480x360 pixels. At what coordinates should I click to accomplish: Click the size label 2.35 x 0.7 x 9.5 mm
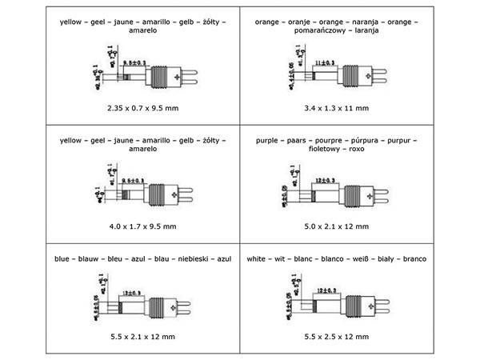[x=143, y=106]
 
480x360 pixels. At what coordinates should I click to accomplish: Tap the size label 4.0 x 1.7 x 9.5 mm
[x=143, y=226]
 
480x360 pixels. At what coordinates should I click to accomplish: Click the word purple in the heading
[x=269, y=141]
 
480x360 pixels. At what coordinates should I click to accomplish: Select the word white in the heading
[x=257, y=259]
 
